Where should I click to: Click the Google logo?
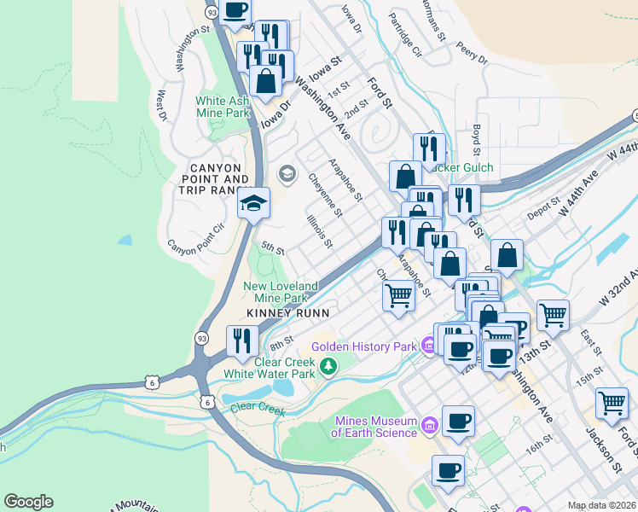coord(28,502)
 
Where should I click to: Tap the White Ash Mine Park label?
coord(223,107)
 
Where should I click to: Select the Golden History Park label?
coord(363,346)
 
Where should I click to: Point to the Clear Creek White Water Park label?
coord(269,367)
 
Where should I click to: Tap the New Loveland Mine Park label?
coord(281,292)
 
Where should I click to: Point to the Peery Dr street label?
coord(471,53)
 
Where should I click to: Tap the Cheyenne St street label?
coord(325,195)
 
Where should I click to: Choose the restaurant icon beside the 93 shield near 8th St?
coord(242,341)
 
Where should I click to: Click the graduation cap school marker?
coord(253,204)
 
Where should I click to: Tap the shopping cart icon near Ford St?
coord(612,404)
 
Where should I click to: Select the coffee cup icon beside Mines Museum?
coord(458,421)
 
